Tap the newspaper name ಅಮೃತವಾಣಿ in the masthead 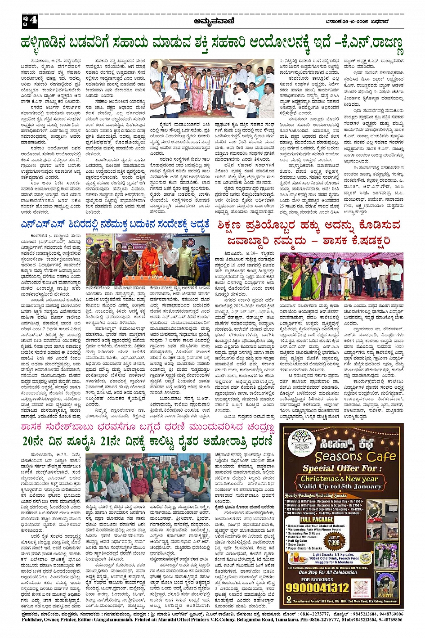[212, 21]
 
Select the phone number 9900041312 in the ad [318, 587]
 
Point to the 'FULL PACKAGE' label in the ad [317, 519]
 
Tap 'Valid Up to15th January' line [340, 486]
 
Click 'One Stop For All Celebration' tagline [328, 572]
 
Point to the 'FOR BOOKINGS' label [318, 580]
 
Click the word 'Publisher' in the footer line [35, 620]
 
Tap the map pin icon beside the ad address [288, 601]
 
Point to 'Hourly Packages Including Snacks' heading [316, 495]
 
